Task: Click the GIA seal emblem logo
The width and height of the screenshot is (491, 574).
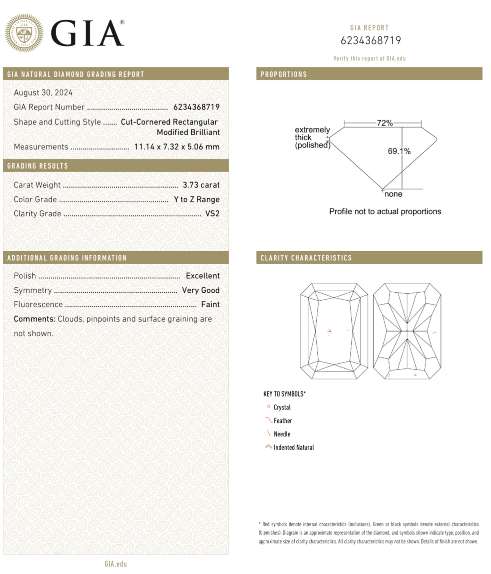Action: [x=24, y=33]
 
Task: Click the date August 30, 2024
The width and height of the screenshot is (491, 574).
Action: [x=43, y=93]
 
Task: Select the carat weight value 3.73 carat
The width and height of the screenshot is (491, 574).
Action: [x=201, y=185]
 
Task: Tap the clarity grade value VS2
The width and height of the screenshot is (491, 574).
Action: [x=212, y=214]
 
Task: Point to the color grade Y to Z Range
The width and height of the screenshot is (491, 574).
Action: [x=196, y=199]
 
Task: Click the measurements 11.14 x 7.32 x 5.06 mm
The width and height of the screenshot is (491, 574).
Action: [x=177, y=147]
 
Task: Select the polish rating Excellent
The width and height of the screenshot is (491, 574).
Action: [x=202, y=276]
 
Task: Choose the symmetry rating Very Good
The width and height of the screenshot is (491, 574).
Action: [x=201, y=290]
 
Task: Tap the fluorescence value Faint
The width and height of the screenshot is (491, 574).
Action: [x=210, y=305]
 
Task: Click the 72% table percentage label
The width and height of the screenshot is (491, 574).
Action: [x=384, y=123]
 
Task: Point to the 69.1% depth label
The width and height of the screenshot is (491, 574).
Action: [x=399, y=151]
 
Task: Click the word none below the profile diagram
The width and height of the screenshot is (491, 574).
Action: [x=393, y=194]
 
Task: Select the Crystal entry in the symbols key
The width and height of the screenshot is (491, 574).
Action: [x=282, y=407]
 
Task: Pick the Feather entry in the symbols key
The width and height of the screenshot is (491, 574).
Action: [x=283, y=421]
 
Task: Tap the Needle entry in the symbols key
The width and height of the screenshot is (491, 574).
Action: [x=282, y=434]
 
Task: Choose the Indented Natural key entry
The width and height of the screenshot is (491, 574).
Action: [x=294, y=447]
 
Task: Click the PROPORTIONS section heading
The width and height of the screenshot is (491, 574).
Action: [x=284, y=74]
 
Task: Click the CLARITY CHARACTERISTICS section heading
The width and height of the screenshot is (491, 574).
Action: [x=306, y=258]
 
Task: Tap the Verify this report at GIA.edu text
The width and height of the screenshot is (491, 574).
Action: [x=369, y=59]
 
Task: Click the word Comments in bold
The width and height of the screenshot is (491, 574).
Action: [x=35, y=319]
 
